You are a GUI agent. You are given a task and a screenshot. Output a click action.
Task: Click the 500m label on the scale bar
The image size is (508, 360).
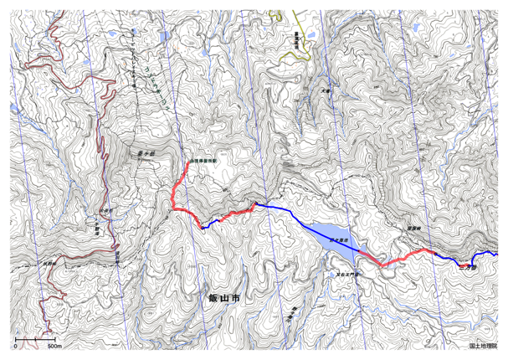(52, 345)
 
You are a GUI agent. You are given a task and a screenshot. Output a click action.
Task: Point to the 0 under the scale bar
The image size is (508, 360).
(16, 345)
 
